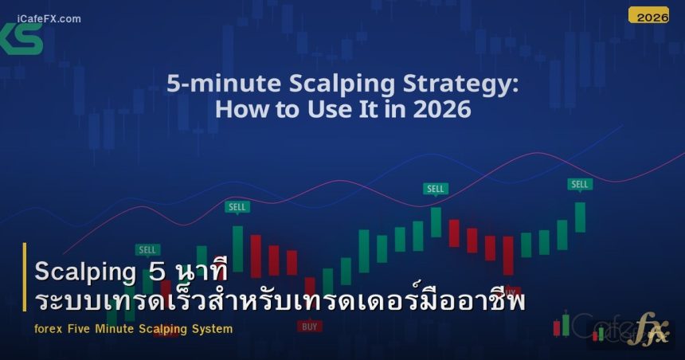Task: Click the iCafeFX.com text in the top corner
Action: pyautogui.click(x=47, y=19)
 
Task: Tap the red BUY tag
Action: pyautogui.click(x=310, y=326)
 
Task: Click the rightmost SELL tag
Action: pyautogui.click(x=580, y=184)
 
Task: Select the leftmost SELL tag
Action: pyautogui.click(x=147, y=249)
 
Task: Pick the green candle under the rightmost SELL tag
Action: pyautogui.click(x=580, y=217)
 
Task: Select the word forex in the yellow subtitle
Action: pyautogui.click(x=49, y=329)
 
